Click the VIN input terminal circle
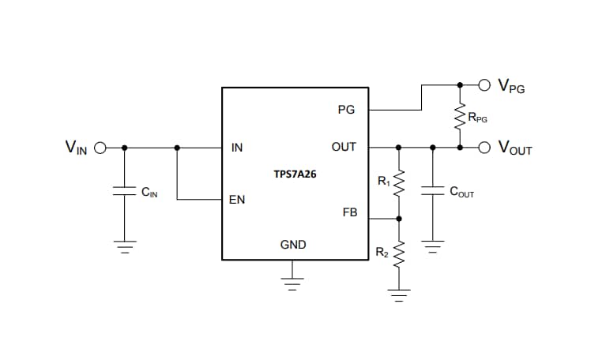[x=100, y=147]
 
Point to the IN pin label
[x=236, y=148]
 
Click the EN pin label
[x=236, y=200]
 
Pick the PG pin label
[x=346, y=111]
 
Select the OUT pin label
[x=344, y=148]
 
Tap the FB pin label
[x=349, y=212]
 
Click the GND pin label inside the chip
[x=293, y=245]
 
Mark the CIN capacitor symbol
[x=124, y=191]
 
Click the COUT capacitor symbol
[x=432, y=190]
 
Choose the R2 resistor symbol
[x=399, y=254]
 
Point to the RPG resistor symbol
[x=460, y=118]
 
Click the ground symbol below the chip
[x=293, y=283]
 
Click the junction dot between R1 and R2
[x=399, y=219]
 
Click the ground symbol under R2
[x=399, y=295]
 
